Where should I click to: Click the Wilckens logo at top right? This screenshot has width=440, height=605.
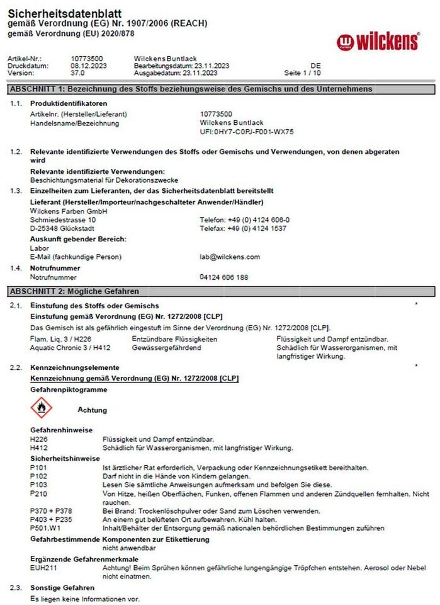point(378,42)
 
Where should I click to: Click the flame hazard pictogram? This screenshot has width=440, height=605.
point(42,409)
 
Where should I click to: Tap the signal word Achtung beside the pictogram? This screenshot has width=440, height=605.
point(92,410)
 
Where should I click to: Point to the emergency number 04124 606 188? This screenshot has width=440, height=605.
point(223,277)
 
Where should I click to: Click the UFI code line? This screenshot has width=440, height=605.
point(247,132)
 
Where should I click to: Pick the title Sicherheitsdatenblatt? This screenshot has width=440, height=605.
point(65,13)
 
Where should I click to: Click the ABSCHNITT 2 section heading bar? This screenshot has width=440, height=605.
point(220,291)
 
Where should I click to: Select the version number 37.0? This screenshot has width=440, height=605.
point(78,72)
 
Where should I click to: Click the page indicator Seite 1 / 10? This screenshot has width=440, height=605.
point(303,73)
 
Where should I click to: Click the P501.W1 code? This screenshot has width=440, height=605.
point(45,527)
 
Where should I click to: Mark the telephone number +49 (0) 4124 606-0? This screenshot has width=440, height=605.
point(245,220)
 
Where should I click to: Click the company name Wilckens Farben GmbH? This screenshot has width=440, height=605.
point(69,211)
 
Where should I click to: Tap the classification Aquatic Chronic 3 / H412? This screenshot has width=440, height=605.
point(70,348)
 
